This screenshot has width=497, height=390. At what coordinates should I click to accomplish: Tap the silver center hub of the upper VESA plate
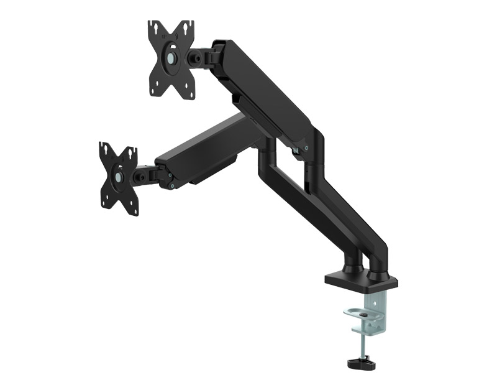(x=171, y=57)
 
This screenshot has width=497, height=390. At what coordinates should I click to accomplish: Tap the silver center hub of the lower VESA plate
(x=118, y=177)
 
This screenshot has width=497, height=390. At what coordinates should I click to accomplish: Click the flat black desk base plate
(x=360, y=281)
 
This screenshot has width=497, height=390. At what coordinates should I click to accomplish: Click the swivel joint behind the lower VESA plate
(x=149, y=175)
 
